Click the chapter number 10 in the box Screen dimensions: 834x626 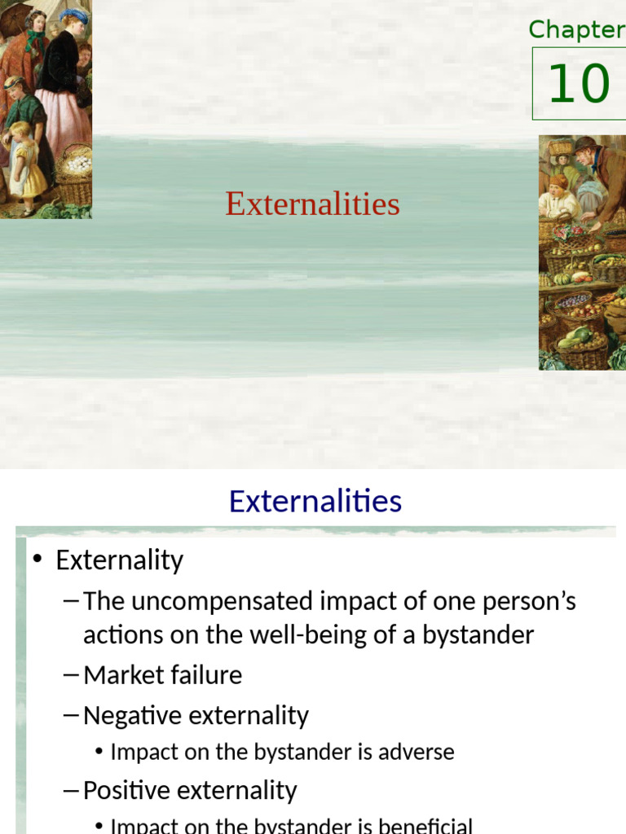tap(579, 84)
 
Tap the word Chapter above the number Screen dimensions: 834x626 tap(576, 30)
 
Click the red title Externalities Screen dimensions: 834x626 tap(313, 204)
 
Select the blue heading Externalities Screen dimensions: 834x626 tap(315, 501)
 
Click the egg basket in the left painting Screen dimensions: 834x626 tap(74, 166)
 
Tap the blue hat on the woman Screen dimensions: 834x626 tap(73, 15)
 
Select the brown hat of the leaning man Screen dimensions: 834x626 tap(585, 144)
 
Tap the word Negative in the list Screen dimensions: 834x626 tap(132, 716)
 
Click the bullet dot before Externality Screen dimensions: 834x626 tap(37, 561)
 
